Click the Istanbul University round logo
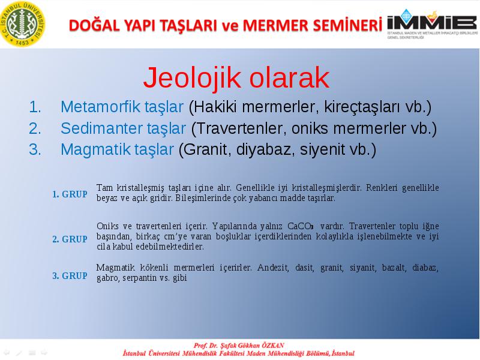click(x=23, y=24)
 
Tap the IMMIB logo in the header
click(x=432, y=24)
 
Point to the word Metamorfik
click(x=100, y=107)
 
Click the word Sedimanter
click(x=101, y=128)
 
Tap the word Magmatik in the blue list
click(x=95, y=149)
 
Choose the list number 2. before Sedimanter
click(x=35, y=128)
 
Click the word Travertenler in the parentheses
click(x=239, y=128)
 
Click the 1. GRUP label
click(x=70, y=194)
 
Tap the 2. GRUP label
click(x=70, y=239)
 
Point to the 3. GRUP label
click(x=70, y=275)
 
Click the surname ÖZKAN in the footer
click(x=273, y=346)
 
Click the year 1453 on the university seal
click(x=22, y=43)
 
